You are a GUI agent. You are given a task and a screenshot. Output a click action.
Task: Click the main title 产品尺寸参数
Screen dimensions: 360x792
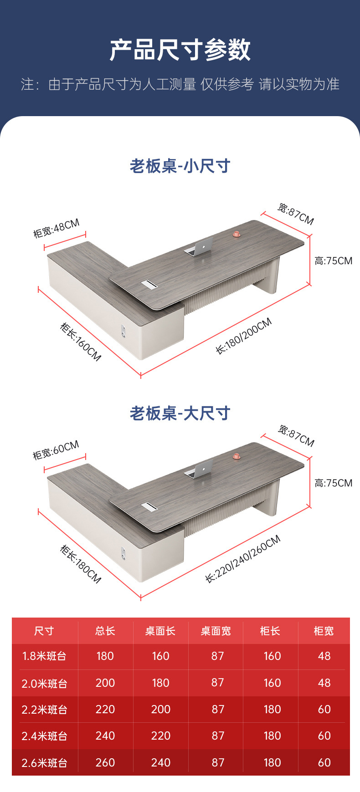[180, 50]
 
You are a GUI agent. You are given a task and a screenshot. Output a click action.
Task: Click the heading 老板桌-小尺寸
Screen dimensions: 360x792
[180, 166]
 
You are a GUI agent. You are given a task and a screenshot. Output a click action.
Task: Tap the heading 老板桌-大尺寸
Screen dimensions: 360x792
[180, 413]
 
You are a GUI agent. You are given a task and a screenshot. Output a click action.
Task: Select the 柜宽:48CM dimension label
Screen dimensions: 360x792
[57, 228]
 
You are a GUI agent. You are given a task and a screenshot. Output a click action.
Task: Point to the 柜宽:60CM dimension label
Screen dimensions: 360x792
[56, 450]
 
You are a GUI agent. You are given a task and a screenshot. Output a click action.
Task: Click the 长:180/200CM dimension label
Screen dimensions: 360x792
[244, 336]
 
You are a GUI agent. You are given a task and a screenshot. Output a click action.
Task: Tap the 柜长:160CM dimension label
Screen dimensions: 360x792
[81, 342]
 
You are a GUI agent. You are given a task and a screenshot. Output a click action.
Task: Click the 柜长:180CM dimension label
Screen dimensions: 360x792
[81, 564]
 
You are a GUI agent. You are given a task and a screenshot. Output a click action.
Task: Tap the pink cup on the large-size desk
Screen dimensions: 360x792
[237, 456]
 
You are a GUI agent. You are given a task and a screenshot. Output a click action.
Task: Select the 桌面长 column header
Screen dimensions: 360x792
[160, 631]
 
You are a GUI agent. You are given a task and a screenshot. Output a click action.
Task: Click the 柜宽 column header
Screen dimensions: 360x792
[324, 631]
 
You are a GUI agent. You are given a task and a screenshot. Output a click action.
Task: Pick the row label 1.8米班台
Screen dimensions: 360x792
[45, 656]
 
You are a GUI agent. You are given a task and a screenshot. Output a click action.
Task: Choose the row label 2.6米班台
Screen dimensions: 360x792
[45, 762]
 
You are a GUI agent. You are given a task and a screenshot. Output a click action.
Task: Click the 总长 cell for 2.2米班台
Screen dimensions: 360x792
[105, 709]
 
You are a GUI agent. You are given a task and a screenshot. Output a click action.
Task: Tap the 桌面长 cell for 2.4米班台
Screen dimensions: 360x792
[160, 736]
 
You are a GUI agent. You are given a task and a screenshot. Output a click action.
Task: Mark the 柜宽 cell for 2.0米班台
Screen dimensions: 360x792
[324, 683]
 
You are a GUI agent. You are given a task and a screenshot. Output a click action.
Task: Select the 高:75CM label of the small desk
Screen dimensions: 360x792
[333, 261]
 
